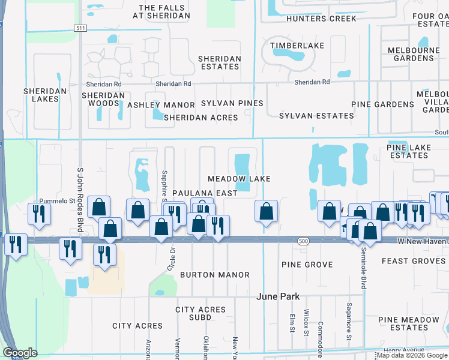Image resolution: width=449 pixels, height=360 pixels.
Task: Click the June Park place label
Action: [x=278, y=296]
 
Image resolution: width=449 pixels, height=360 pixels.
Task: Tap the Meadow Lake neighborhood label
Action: [x=239, y=179]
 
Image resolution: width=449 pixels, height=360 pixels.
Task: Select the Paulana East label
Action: [x=202, y=193]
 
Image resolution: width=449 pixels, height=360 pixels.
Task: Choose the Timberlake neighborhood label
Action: [x=297, y=46]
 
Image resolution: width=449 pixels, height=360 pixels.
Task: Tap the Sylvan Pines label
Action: [x=232, y=103]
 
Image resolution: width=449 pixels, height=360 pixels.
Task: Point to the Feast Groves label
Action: [x=413, y=261]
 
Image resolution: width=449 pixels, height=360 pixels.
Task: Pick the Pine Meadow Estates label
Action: [x=409, y=323]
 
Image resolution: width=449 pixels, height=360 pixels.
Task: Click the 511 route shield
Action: [x=80, y=28]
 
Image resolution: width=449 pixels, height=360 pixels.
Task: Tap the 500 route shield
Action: [x=303, y=241]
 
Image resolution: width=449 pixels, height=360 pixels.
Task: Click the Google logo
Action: [x=20, y=353]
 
